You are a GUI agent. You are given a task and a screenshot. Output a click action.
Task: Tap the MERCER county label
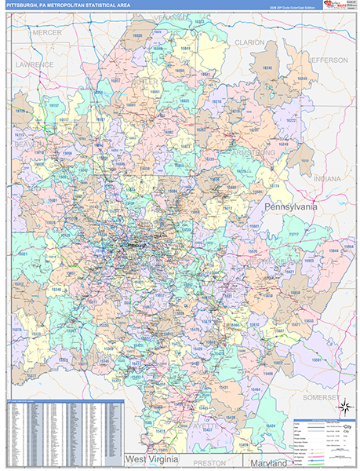pyautogui.click(x=47, y=32)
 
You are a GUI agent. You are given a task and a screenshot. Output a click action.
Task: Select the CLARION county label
pyautogui.click(x=249, y=42)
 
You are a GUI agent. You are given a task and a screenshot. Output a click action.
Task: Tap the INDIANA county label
pyautogui.click(x=327, y=179)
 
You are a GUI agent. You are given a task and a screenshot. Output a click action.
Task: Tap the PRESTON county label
pyautogui.click(x=209, y=462)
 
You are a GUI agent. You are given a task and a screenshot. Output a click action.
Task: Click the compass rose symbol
pyautogui.click(x=343, y=406)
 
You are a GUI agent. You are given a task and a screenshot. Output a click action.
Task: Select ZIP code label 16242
pyautogui.click(x=267, y=69)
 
